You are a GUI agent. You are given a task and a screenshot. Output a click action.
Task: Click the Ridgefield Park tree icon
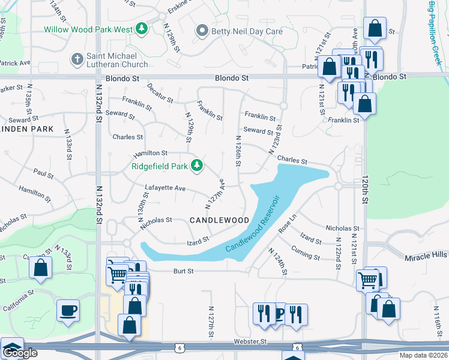click(x=196, y=165)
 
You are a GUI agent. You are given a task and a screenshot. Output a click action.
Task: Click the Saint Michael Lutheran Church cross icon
click(x=77, y=59)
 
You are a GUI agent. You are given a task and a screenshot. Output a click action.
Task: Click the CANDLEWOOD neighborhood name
click(x=219, y=221)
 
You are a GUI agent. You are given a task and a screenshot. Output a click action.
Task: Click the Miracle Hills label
click(x=427, y=256)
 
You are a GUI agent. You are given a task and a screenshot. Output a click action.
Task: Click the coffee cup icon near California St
click(x=67, y=311)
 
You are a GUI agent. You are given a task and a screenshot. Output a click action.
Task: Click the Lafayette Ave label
click(x=165, y=188)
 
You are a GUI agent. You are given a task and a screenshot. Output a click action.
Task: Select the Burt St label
click(x=184, y=271)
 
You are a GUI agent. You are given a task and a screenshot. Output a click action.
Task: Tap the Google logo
click(x=20, y=353)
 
